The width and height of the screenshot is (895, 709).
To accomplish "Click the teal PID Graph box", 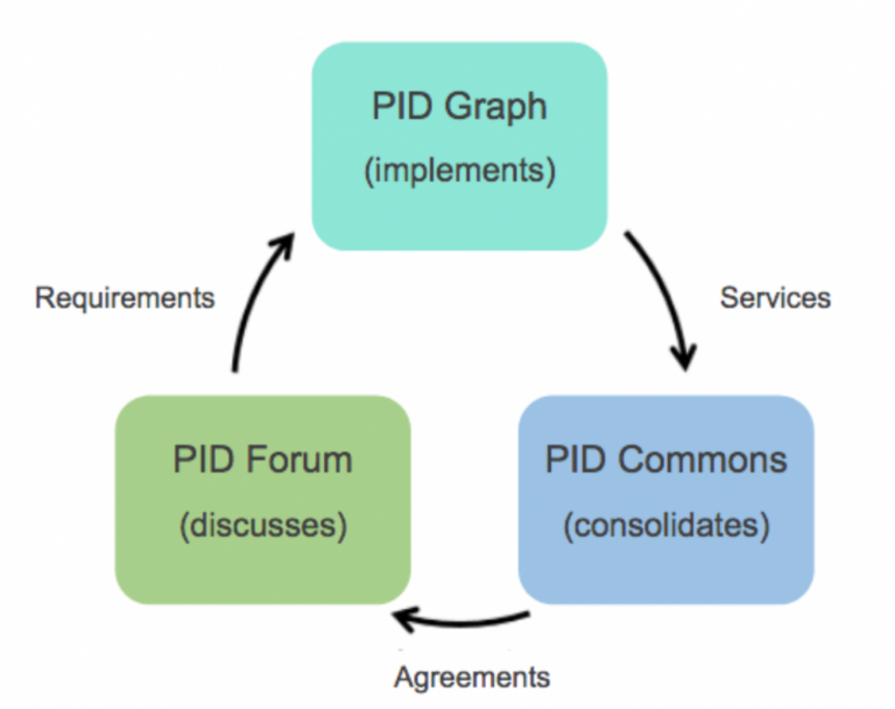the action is pyautogui.click(x=459, y=146).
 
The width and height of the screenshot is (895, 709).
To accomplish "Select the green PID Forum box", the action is pyautogui.click(x=263, y=500).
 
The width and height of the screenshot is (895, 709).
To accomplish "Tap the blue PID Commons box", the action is pyautogui.click(x=666, y=500).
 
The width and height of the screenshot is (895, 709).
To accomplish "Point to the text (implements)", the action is pyautogui.click(x=460, y=170).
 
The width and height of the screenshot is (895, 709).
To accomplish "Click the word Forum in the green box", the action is pyautogui.click(x=300, y=460).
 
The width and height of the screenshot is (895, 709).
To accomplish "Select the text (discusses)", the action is pyautogui.click(x=263, y=525).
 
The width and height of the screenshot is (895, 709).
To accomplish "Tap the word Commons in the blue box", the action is pyautogui.click(x=703, y=460).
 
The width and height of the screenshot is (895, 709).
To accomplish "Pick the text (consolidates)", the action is pyautogui.click(x=667, y=525).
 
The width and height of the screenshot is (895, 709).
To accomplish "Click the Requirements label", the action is pyautogui.click(x=125, y=298).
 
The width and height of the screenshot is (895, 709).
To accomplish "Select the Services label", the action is pyautogui.click(x=775, y=298).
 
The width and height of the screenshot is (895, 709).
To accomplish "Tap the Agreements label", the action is pyautogui.click(x=472, y=678).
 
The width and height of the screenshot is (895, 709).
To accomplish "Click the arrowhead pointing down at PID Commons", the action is pyautogui.click(x=684, y=357).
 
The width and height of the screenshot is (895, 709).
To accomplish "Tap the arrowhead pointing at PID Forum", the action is pyautogui.click(x=404, y=619).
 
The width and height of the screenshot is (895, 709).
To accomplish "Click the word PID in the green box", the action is pyautogui.click(x=203, y=460).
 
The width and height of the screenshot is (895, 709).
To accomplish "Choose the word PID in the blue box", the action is pyautogui.click(x=576, y=460).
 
